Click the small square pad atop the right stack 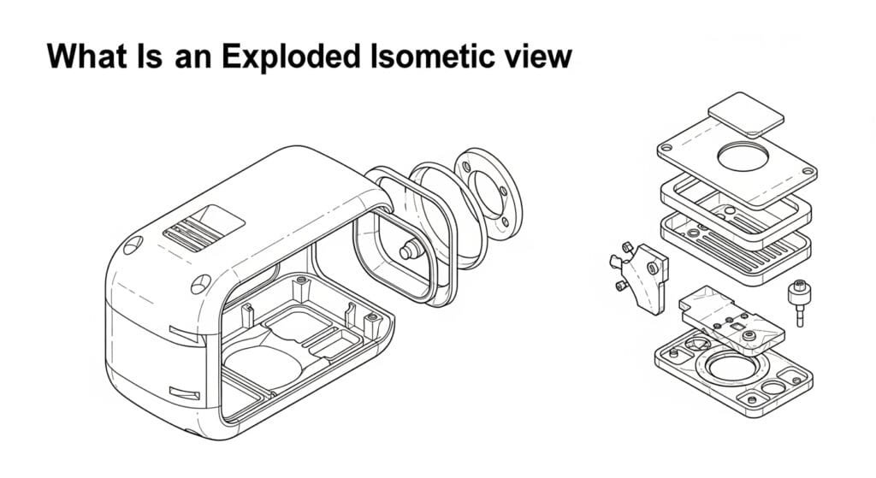746,115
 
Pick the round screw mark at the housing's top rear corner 130,248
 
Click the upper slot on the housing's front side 183,329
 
